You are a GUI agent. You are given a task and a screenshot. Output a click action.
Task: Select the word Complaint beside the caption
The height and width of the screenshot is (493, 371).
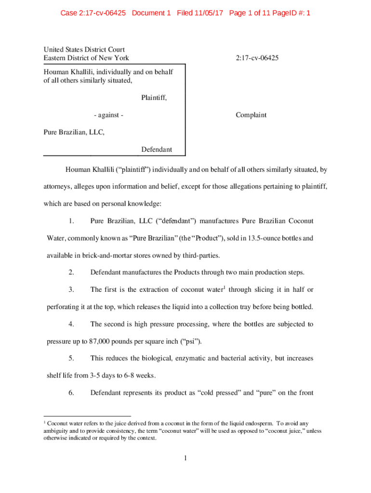[251, 115]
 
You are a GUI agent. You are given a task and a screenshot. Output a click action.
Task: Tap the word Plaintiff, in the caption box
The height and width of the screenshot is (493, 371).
[157, 98]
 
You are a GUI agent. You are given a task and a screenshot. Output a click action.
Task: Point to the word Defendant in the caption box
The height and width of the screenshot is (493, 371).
[157, 150]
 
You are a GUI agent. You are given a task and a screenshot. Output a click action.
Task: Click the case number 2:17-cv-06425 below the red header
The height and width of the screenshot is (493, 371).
[257, 58]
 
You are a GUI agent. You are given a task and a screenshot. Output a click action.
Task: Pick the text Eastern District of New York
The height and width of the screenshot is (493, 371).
[86, 58]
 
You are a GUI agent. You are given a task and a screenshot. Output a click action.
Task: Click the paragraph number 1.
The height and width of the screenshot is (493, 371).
[71, 221]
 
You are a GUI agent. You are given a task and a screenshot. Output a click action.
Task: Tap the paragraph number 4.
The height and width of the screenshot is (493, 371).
[71, 324]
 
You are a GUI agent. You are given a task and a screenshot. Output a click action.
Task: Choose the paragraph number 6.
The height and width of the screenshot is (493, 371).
[71, 393]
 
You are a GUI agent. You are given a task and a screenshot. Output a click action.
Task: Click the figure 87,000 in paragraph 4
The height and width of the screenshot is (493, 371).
[101, 341]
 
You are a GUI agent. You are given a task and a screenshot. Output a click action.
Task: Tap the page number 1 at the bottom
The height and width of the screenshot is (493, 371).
[185, 458]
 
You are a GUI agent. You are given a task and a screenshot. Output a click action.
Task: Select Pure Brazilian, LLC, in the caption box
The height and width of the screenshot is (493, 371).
[74, 132]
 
